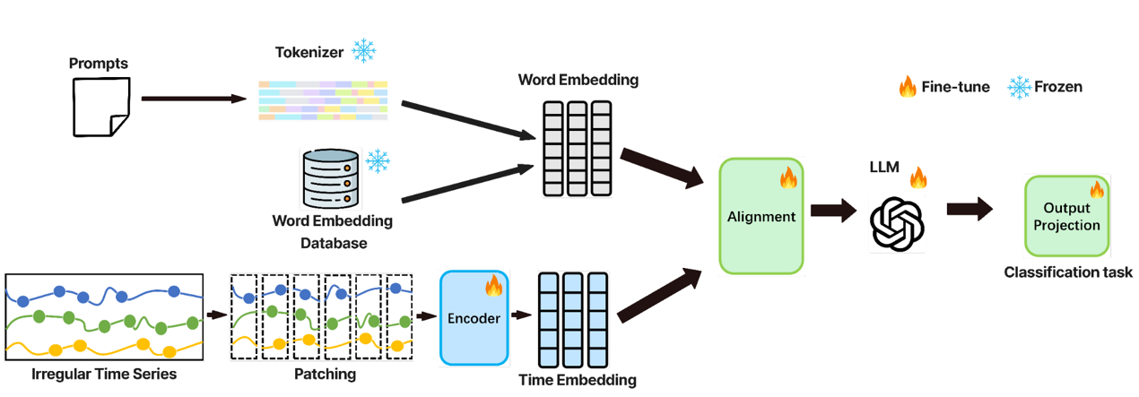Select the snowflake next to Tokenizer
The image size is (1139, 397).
coord(363,51)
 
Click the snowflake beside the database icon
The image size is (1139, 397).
coord(378,161)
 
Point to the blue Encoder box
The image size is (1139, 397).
coord(474,318)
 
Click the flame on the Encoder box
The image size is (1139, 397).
coord(493,286)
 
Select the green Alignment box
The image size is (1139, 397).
coord(761,216)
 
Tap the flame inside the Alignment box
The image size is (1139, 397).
coord(787,177)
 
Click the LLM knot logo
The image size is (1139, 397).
coord(897,223)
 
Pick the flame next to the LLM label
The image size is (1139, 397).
coord(917,177)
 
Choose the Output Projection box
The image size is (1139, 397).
coord(1066,216)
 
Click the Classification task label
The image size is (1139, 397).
coord(1067,272)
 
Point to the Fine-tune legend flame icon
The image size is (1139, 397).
coord(908,87)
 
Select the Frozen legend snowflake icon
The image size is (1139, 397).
coord(1020,87)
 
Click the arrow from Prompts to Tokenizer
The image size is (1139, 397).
coord(193,99)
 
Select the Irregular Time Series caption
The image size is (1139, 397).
coord(104,374)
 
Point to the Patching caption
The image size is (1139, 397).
coord(324,374)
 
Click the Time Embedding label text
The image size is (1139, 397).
coord(578,380)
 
